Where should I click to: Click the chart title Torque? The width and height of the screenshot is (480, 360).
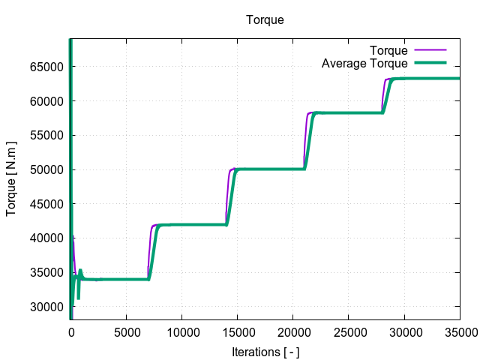point(265,20)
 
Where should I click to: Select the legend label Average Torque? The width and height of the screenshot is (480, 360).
point(364,64)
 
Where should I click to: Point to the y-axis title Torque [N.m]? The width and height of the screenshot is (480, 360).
point(12,180)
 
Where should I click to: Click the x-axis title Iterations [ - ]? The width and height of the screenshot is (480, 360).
point(265,351)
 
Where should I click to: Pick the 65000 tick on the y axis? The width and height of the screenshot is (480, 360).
point(46,67)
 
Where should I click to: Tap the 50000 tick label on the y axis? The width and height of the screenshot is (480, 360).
point(46,169)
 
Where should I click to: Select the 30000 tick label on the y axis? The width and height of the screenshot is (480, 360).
point(46,307)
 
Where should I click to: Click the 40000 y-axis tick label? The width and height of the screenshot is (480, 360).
point(46,238)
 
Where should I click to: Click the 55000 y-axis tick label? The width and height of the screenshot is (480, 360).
point(46,136)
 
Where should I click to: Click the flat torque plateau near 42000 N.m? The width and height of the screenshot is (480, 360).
point(191,224)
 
